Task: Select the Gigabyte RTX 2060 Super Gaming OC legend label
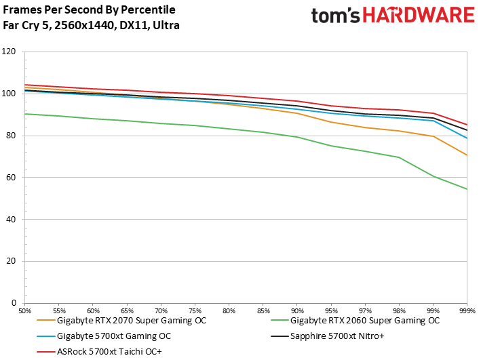point(365,320)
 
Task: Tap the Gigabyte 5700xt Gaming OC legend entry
point(114,336)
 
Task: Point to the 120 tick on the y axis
point(9,52)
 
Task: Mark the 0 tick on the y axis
point(14,303)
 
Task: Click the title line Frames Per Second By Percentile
point(89,10)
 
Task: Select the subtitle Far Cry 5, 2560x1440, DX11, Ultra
point(92,26)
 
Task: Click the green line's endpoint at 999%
point(467,189)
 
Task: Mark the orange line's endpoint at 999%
point(467,155)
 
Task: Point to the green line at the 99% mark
point(433,176)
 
